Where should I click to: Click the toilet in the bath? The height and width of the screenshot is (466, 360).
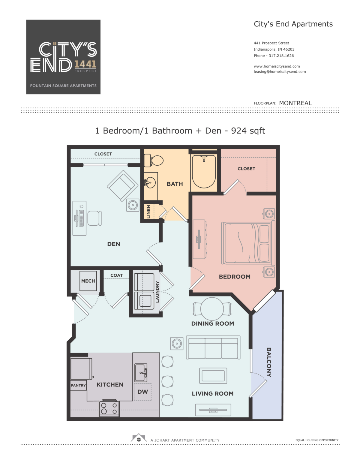[153, 161]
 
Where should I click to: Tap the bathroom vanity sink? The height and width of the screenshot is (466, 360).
[150, 182]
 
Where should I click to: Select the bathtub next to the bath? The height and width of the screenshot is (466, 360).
[204, 171]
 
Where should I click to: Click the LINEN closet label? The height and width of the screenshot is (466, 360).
[148, 212]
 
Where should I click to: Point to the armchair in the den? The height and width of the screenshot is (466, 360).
[123, 185]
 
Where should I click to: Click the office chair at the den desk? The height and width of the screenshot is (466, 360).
[94, 218]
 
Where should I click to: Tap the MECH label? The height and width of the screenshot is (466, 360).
[88, 281]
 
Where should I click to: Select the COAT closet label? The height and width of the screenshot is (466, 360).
[116, 275]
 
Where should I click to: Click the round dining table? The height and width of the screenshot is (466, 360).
[212, 309]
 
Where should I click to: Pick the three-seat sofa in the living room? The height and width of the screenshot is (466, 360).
[213, 347]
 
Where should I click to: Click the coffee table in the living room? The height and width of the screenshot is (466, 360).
[213, 376]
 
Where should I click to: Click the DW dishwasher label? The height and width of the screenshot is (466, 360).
[142, 392]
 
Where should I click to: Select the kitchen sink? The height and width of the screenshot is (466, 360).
[141, 372]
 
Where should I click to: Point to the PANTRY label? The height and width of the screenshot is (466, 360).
[78, 385]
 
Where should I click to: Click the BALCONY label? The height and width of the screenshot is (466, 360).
[269, 362]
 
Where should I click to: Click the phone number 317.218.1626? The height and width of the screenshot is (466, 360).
[281, 56]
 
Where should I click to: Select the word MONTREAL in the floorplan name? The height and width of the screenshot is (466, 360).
[295, 103]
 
